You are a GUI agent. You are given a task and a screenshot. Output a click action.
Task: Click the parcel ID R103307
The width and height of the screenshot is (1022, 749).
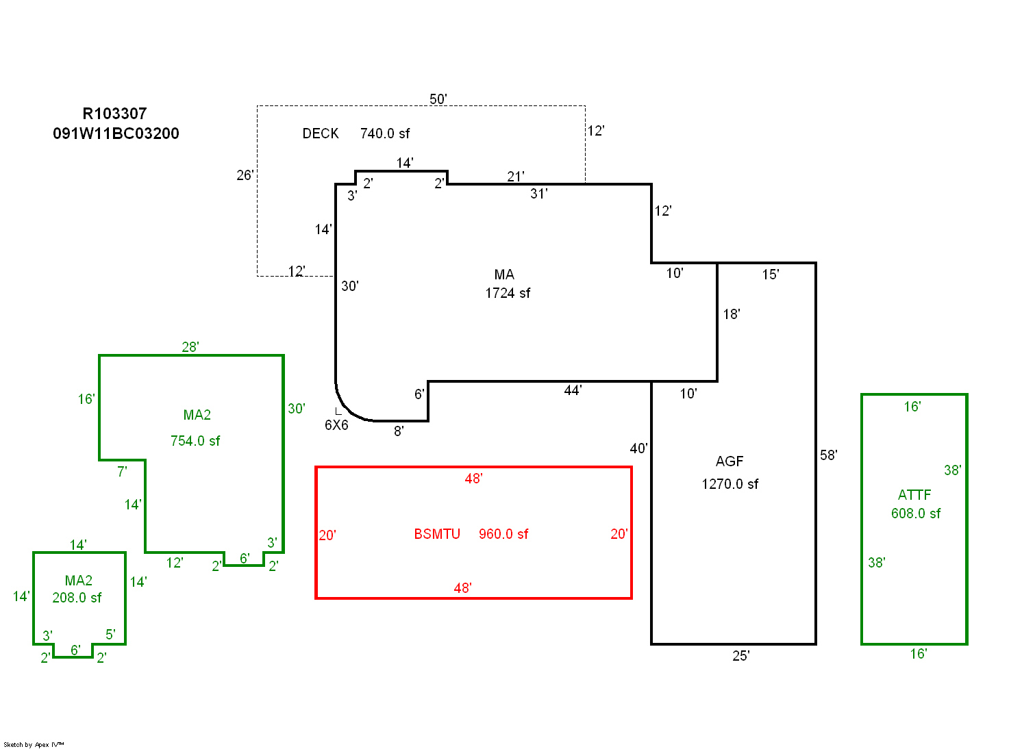point(114,114)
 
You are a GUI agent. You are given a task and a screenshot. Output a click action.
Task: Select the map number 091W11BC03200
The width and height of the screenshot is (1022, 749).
point(116,134)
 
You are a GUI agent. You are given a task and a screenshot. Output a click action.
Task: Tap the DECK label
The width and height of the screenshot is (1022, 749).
point(321,134)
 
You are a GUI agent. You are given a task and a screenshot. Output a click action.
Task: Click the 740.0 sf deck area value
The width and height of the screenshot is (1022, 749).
point(385,134)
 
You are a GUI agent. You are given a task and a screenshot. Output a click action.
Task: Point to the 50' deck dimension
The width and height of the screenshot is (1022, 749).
point(438,99)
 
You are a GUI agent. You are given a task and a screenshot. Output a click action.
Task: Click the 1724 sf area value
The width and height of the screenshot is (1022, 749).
point(508,293)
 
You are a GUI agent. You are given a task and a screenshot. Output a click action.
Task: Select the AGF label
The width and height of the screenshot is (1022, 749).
point(730,461)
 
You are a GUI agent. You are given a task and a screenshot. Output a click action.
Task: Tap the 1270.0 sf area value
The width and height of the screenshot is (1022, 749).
point(730,484)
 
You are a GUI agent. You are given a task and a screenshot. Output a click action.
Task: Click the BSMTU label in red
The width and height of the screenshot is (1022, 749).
point(437,534)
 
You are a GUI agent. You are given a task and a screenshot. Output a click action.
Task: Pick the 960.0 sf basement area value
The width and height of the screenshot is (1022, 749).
point(503,534)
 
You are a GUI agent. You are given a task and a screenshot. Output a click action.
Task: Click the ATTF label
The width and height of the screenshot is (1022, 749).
point(914,495)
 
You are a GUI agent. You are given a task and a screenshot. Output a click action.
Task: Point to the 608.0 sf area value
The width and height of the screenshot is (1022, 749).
point(916,513)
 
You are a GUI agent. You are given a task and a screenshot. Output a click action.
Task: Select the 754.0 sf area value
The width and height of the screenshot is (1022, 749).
point(195,441)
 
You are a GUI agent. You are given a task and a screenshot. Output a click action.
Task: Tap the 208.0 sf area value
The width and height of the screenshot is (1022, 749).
point(77,598)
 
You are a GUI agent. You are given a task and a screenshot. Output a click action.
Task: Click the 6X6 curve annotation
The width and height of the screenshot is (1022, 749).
point(336,425)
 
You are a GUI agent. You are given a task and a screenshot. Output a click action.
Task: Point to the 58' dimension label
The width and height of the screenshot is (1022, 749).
point(829,455)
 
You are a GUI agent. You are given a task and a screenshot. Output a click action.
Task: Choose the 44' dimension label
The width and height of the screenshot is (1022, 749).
point(573,390)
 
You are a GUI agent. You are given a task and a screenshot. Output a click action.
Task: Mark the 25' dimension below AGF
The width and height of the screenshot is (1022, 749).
point(741,656)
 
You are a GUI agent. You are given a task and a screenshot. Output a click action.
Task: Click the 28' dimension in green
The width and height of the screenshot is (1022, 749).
point(190,347)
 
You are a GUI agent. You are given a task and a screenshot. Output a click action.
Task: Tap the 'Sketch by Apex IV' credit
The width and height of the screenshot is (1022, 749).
point(34,744)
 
